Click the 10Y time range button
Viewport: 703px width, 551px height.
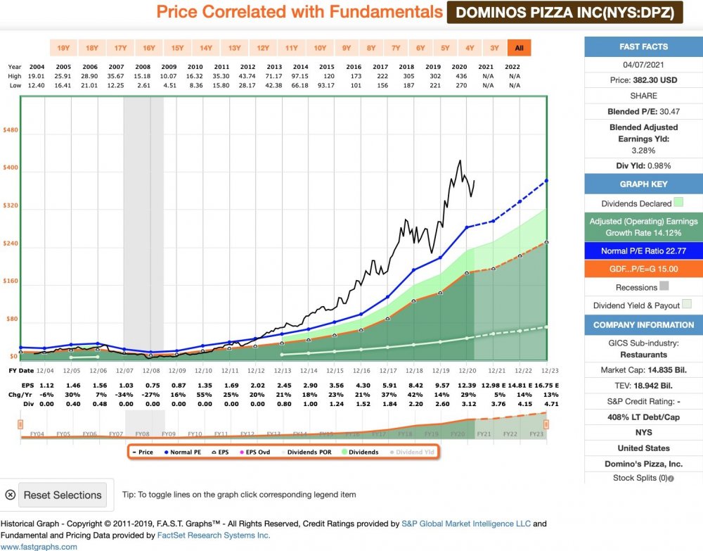click(320, 48)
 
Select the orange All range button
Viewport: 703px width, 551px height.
click(519, 48)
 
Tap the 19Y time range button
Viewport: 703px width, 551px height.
click(63, 48)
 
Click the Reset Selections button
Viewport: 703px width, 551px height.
click(63, 495)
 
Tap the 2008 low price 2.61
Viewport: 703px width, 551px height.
click(143, 85)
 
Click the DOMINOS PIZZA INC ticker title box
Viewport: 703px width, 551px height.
click(565, 12)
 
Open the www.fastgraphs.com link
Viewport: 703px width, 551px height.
click(39, 546)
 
